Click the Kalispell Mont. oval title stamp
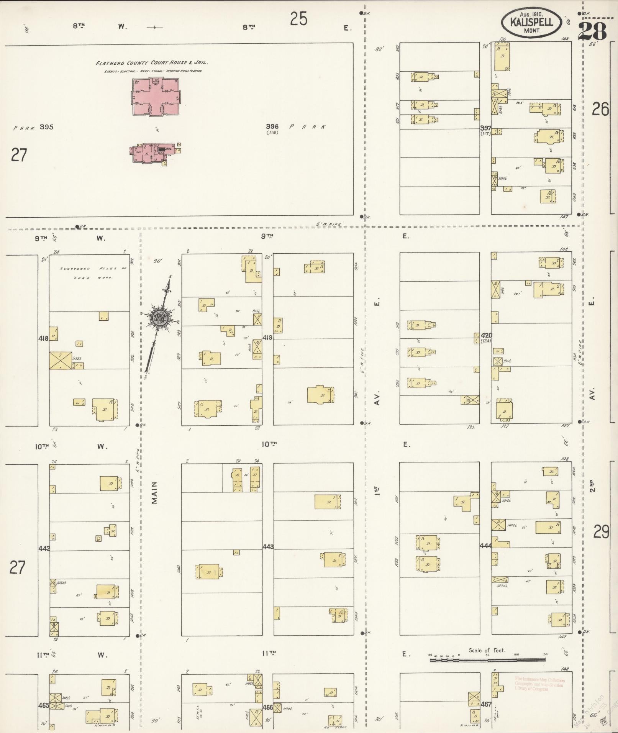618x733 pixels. click(531, 22)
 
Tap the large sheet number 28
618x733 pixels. click(592, 32)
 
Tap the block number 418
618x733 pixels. click(43, 338)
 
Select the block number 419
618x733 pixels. click(267, 338)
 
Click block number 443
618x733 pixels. click(268, 547)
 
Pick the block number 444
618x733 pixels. click(485, 545)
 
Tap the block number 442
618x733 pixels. click(44, 548)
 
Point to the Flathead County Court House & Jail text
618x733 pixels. click(152, 63)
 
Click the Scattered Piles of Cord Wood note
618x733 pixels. click(93, 273)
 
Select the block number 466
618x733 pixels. click(267, 707)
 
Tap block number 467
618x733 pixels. click(486, 704)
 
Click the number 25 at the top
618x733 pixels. click(298, 18)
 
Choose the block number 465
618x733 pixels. click(44, 705)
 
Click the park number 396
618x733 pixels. click(273, 126)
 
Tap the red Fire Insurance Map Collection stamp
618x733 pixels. click(539, 684)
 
